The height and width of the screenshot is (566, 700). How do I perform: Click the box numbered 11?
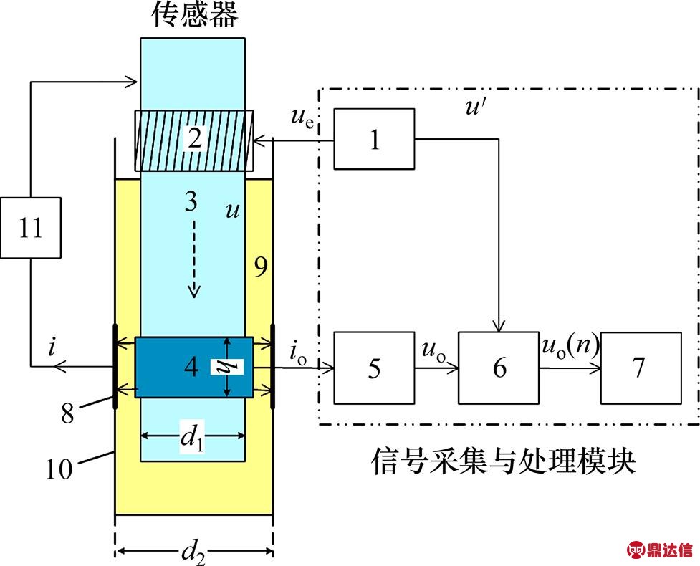(x=32, y=229)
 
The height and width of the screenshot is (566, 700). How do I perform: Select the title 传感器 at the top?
(x=193, y=16)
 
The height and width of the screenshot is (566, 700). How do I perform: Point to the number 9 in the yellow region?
(x=260, y=267)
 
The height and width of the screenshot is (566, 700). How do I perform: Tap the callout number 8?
(x=69, y=413)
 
